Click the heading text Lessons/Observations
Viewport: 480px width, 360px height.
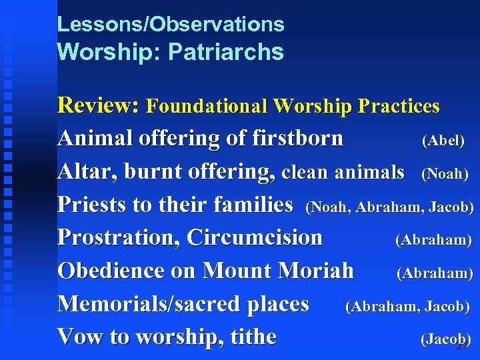click(171, 25)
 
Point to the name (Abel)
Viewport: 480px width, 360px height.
click(443, 141)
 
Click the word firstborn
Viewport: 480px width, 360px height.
click(297, 139)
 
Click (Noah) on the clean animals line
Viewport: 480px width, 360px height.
click(445, 174)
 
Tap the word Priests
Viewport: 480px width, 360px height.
click(93, 205)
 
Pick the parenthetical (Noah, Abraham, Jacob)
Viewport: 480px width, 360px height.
click(389, 207)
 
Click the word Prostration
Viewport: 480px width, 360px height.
click(119, 237)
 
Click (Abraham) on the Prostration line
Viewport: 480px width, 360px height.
click(433, 240)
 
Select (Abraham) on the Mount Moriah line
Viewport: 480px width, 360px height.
click(435, 273)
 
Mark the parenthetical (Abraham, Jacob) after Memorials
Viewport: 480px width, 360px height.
click(407, 307)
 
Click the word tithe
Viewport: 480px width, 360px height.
click(253, 337)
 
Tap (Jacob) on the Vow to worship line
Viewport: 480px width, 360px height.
click(445, 339)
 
